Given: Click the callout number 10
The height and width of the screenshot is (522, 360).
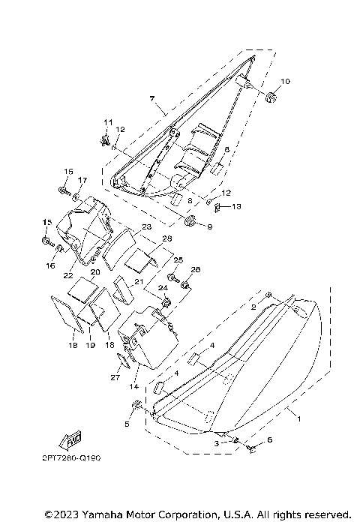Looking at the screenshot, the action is [286, 81].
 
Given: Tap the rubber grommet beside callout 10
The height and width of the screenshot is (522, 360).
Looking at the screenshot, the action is [271, 97].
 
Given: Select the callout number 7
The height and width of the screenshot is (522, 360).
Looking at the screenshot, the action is [152, 98].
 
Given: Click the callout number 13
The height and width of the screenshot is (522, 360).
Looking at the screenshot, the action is [236, 207].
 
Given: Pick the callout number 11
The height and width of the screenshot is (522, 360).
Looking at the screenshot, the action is [108, 122].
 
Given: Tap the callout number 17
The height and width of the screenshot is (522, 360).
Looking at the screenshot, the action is [82, 180].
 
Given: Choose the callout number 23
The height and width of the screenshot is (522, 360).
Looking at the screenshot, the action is [146, 226].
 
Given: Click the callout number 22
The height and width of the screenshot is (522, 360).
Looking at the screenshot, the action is [68, 276].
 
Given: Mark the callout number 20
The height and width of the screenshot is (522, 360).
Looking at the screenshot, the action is [95, 272].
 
